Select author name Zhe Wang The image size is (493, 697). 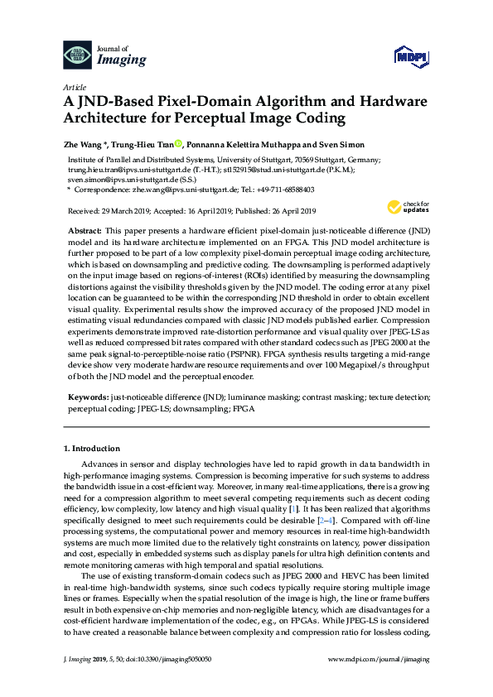point(82,144)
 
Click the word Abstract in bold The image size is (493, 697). point(85,228)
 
